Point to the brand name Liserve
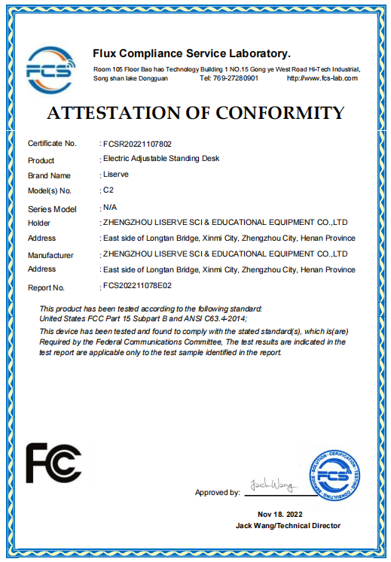pos(116,175)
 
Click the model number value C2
pos(108,190)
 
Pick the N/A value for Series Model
pos(110,206)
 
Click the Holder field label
pos(39,223)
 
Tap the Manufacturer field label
pos(50,255)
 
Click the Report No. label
pos(47,287)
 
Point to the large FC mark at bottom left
pos(53,463)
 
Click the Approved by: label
pos(217,493)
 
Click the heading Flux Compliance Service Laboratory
pos(191,53)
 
